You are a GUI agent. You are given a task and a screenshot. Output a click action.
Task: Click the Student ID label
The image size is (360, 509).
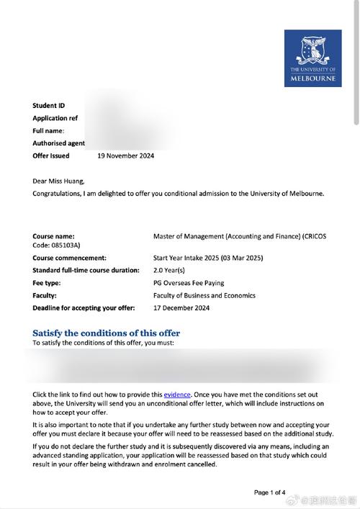click(49, 106)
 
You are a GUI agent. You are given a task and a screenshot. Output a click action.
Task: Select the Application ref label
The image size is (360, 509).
click(55, 118)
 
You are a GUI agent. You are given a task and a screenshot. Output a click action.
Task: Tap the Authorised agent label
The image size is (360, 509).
click(59, 143)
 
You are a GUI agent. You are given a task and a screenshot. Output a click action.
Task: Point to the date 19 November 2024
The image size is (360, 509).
click(125, 156)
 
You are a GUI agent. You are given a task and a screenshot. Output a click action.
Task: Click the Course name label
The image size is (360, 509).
click(53, 235)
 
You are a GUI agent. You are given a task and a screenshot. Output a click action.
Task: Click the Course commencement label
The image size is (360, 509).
click(69, 257)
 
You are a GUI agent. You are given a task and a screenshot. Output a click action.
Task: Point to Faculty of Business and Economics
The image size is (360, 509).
click(204, 295)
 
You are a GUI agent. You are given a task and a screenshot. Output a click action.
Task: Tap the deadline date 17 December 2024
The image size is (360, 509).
click(181, 308)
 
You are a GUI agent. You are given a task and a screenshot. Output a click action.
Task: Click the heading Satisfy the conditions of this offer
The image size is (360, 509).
click(107, 333)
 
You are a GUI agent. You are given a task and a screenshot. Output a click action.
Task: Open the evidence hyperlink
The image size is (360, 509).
click(177, 395)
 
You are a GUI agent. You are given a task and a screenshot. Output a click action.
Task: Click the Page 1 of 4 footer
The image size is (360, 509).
click(270, 492)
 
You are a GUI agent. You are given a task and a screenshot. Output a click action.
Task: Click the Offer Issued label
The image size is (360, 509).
click(51, 156)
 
